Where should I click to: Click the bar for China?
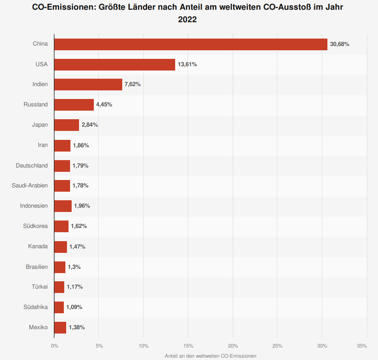click(191, 44)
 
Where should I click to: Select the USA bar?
click(115, 65)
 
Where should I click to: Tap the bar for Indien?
click(88, 85)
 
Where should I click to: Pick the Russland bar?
click(74, 105)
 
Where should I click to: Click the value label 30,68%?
click(339, 44)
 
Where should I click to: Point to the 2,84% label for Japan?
click(90, 125)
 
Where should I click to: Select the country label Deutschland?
click(32, 166)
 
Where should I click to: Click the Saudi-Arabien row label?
click(30, 185)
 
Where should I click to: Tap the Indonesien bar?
click(63, 206)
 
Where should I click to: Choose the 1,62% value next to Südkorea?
click(79, 226)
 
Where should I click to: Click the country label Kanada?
click(38, 246)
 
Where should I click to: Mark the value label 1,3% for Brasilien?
click(74, 267)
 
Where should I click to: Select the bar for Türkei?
click(59, 287)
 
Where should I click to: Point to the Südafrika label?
click(35, 307)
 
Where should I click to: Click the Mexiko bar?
click(60, 328)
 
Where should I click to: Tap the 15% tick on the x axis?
click(188, 346)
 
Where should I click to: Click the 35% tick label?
click(362, 346)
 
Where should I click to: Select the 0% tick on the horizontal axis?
click(55, 346)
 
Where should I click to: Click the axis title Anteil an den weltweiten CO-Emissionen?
click(211, 356)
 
